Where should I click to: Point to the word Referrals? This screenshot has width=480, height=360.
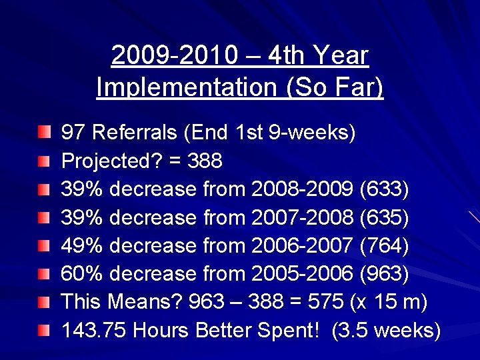[135, 132]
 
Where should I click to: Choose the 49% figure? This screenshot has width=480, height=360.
[82, 245]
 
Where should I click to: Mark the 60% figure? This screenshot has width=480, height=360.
[82, 274]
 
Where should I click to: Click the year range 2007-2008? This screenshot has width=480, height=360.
[303, 217]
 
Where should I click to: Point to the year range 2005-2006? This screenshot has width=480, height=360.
[303, 274]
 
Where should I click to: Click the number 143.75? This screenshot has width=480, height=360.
[94, 331]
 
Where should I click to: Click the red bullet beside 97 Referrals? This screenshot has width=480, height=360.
[44, 133]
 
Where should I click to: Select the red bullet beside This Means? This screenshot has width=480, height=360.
[44, 303]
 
